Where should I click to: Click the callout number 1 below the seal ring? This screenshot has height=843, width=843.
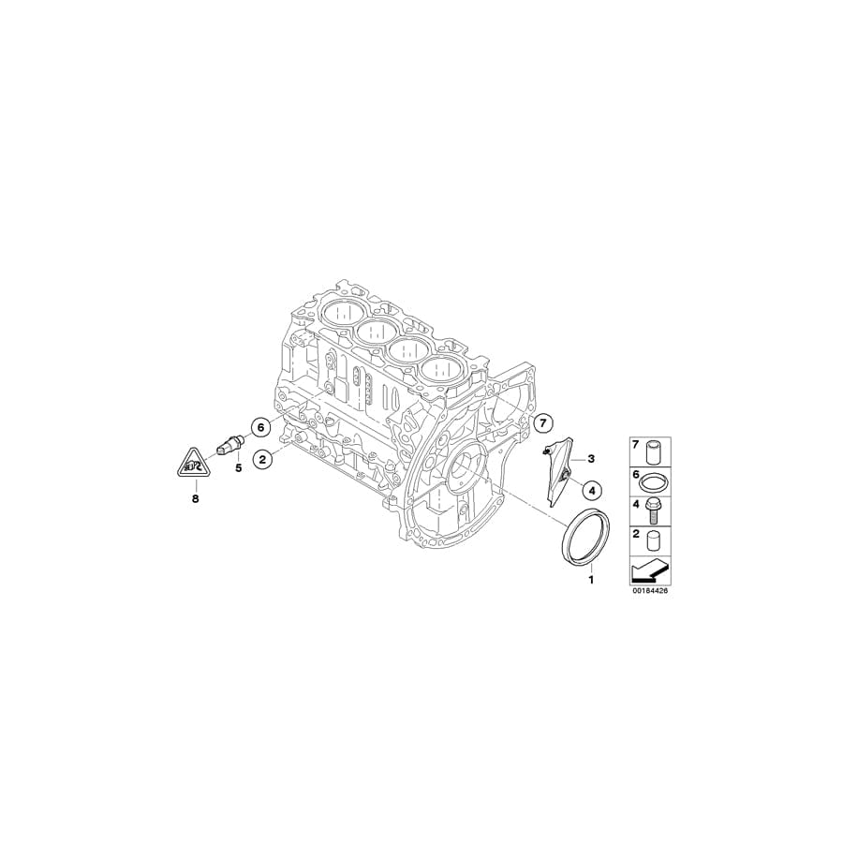point(591,581)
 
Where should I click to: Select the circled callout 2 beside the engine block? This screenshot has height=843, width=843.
point(264,459)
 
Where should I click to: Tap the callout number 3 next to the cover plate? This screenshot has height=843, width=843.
point(591,459)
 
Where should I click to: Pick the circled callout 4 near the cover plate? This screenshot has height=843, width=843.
point(591,488)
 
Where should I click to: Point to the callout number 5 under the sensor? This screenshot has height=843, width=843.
point(238,467)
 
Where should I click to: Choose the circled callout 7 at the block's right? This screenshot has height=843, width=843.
point(542,424)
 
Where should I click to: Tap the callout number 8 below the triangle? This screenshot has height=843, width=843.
point(196,499)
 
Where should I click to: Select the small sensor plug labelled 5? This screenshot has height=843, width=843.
point(229,444)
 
